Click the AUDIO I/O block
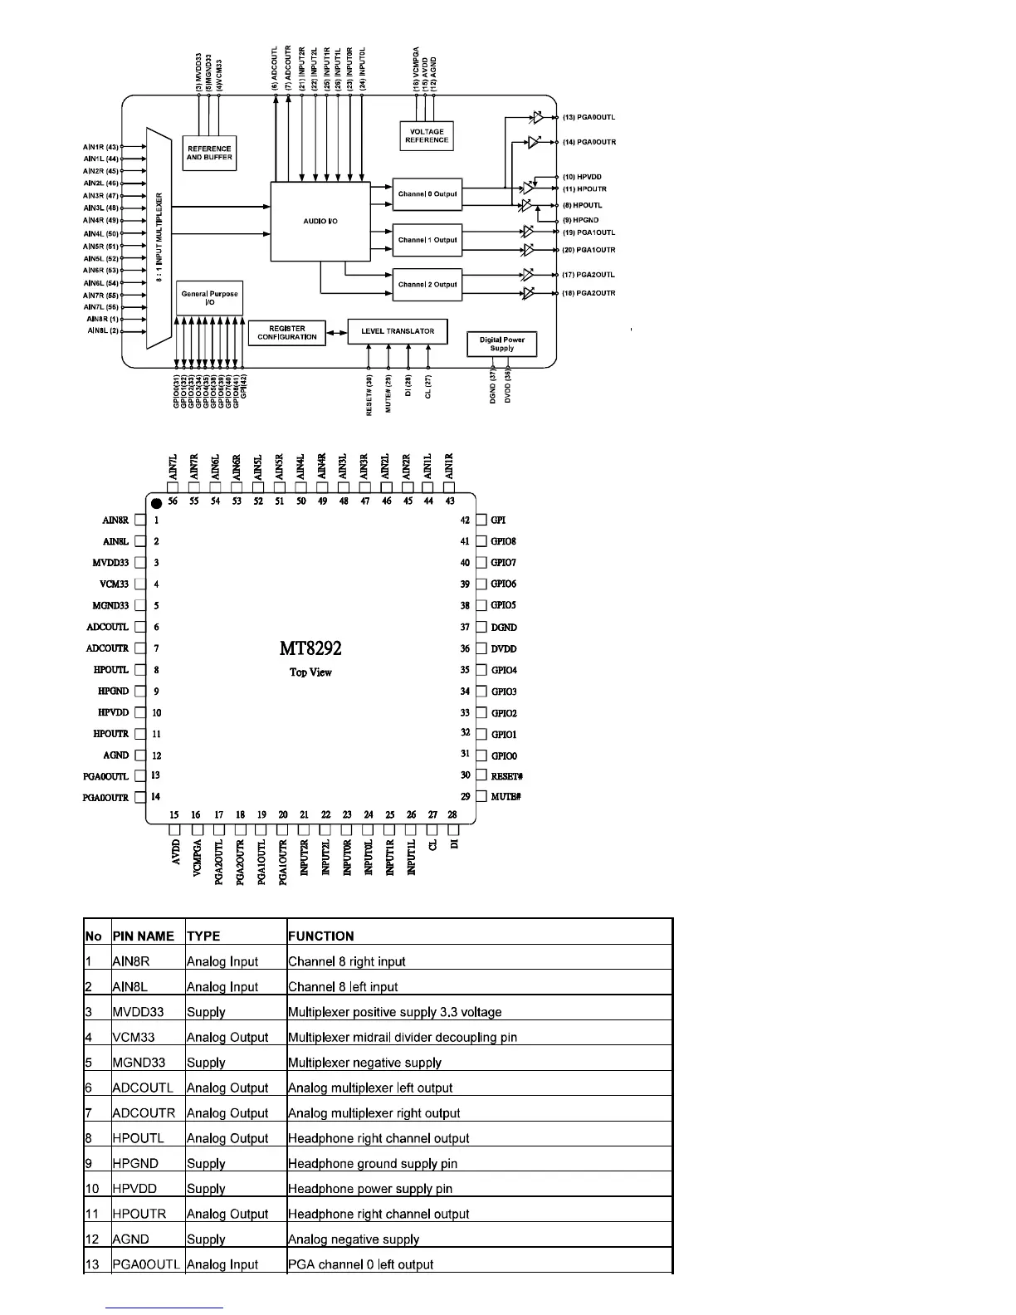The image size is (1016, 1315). point(320,221)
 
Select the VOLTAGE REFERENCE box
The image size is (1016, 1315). point(426,135)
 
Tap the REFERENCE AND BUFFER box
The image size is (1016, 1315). point(209,153)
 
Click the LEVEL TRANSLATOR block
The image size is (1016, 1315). point(397,331)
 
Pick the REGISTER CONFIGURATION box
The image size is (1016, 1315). point(286,332)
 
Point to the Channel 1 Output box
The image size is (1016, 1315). point(427,240)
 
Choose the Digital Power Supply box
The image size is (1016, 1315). point(501,344)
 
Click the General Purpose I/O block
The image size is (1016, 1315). point(209,297)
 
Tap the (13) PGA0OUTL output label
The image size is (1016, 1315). point(589,118)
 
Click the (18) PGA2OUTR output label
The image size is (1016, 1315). point(589,293)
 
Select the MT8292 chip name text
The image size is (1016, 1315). point(310,648)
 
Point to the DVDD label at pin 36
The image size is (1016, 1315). point(503,649)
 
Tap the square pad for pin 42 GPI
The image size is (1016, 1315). point(481,521)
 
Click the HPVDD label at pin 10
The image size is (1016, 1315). point(114,712)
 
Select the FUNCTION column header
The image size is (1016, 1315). point(320,936)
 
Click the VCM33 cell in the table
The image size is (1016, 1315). point(133,1037)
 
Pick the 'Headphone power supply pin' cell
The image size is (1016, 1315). point(369,1189)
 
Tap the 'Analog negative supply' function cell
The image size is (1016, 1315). point(353,1239)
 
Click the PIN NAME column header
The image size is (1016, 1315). point(143,936)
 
